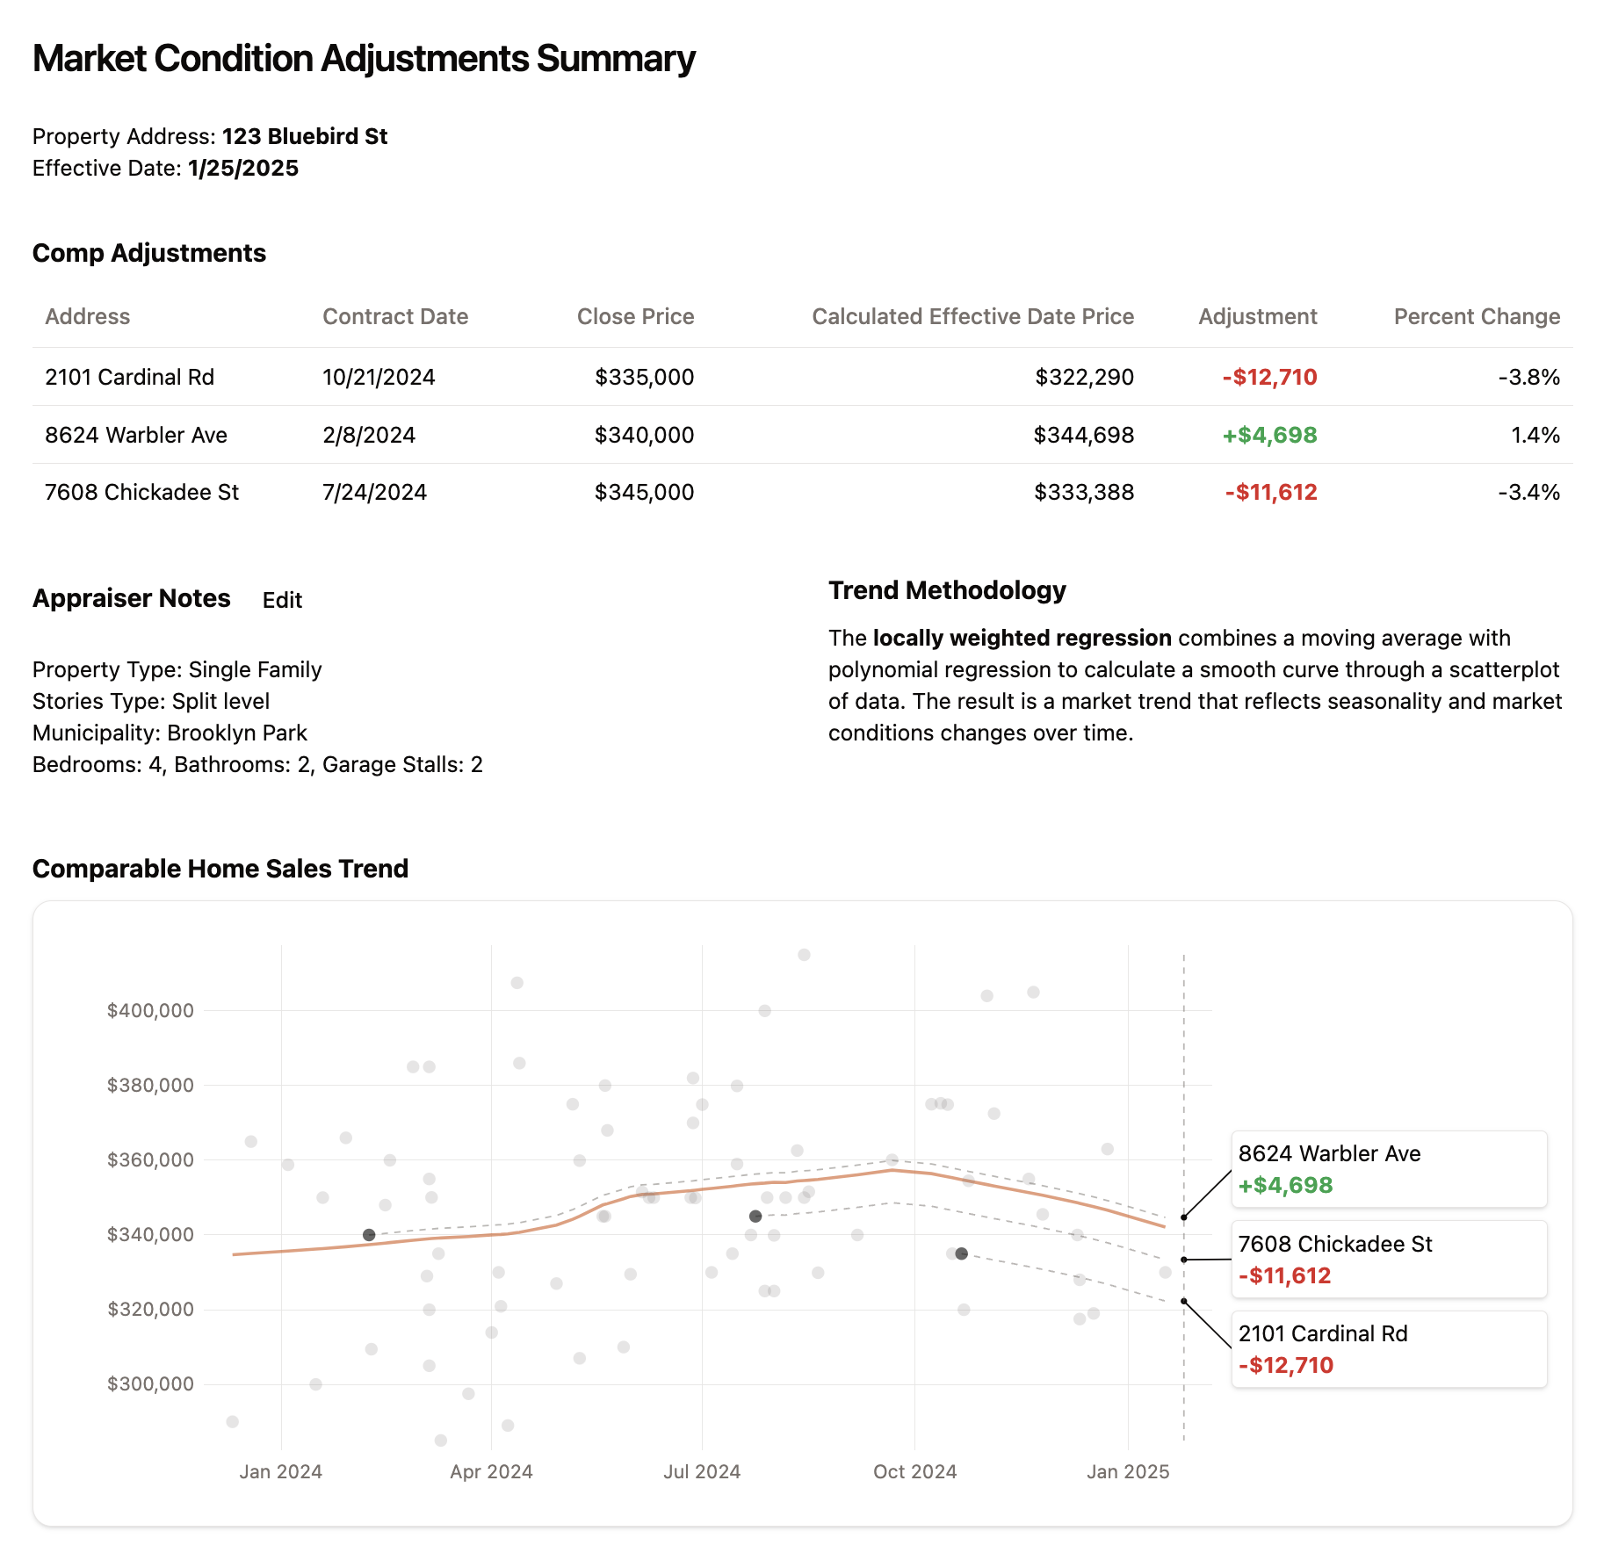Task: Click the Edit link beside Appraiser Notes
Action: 282,600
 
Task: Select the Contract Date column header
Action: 394,316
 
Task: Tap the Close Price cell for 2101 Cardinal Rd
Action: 644,377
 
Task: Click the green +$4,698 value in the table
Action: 1269,435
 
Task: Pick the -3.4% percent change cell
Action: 1528,492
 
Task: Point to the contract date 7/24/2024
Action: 374,492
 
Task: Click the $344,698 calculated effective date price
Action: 1083,435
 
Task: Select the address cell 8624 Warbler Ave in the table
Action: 136,435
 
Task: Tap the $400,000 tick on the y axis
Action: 150,1010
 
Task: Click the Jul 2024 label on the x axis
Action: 702,1471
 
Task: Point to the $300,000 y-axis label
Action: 150,1383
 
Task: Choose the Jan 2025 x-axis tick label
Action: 1128,1471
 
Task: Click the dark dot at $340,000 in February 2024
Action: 369,1235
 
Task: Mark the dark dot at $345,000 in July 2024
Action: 755,1217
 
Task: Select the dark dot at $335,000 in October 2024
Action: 962,1253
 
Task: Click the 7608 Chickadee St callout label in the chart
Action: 1334,1244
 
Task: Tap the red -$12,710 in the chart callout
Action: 1285,1365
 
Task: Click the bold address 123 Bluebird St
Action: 304,136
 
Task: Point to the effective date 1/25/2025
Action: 243,168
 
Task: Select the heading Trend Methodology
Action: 947,590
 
